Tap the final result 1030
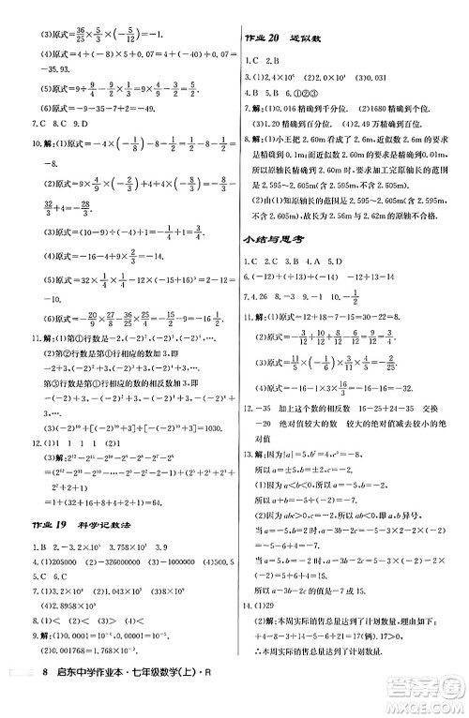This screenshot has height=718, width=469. [x=209, y=426]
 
